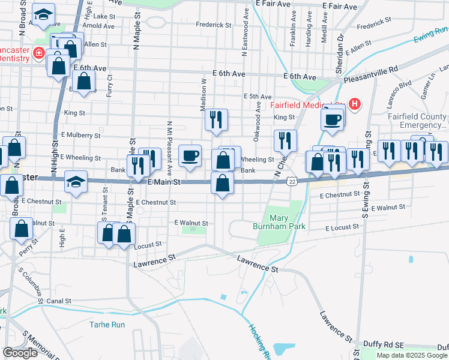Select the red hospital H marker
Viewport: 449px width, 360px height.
354,104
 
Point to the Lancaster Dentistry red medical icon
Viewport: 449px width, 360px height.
39,53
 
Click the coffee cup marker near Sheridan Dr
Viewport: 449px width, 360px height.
332,119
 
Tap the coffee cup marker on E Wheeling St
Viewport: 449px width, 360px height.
190,156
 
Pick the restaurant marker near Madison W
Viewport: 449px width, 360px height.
216,119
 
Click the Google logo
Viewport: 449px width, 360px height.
20,353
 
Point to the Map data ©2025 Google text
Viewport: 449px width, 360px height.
412,355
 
